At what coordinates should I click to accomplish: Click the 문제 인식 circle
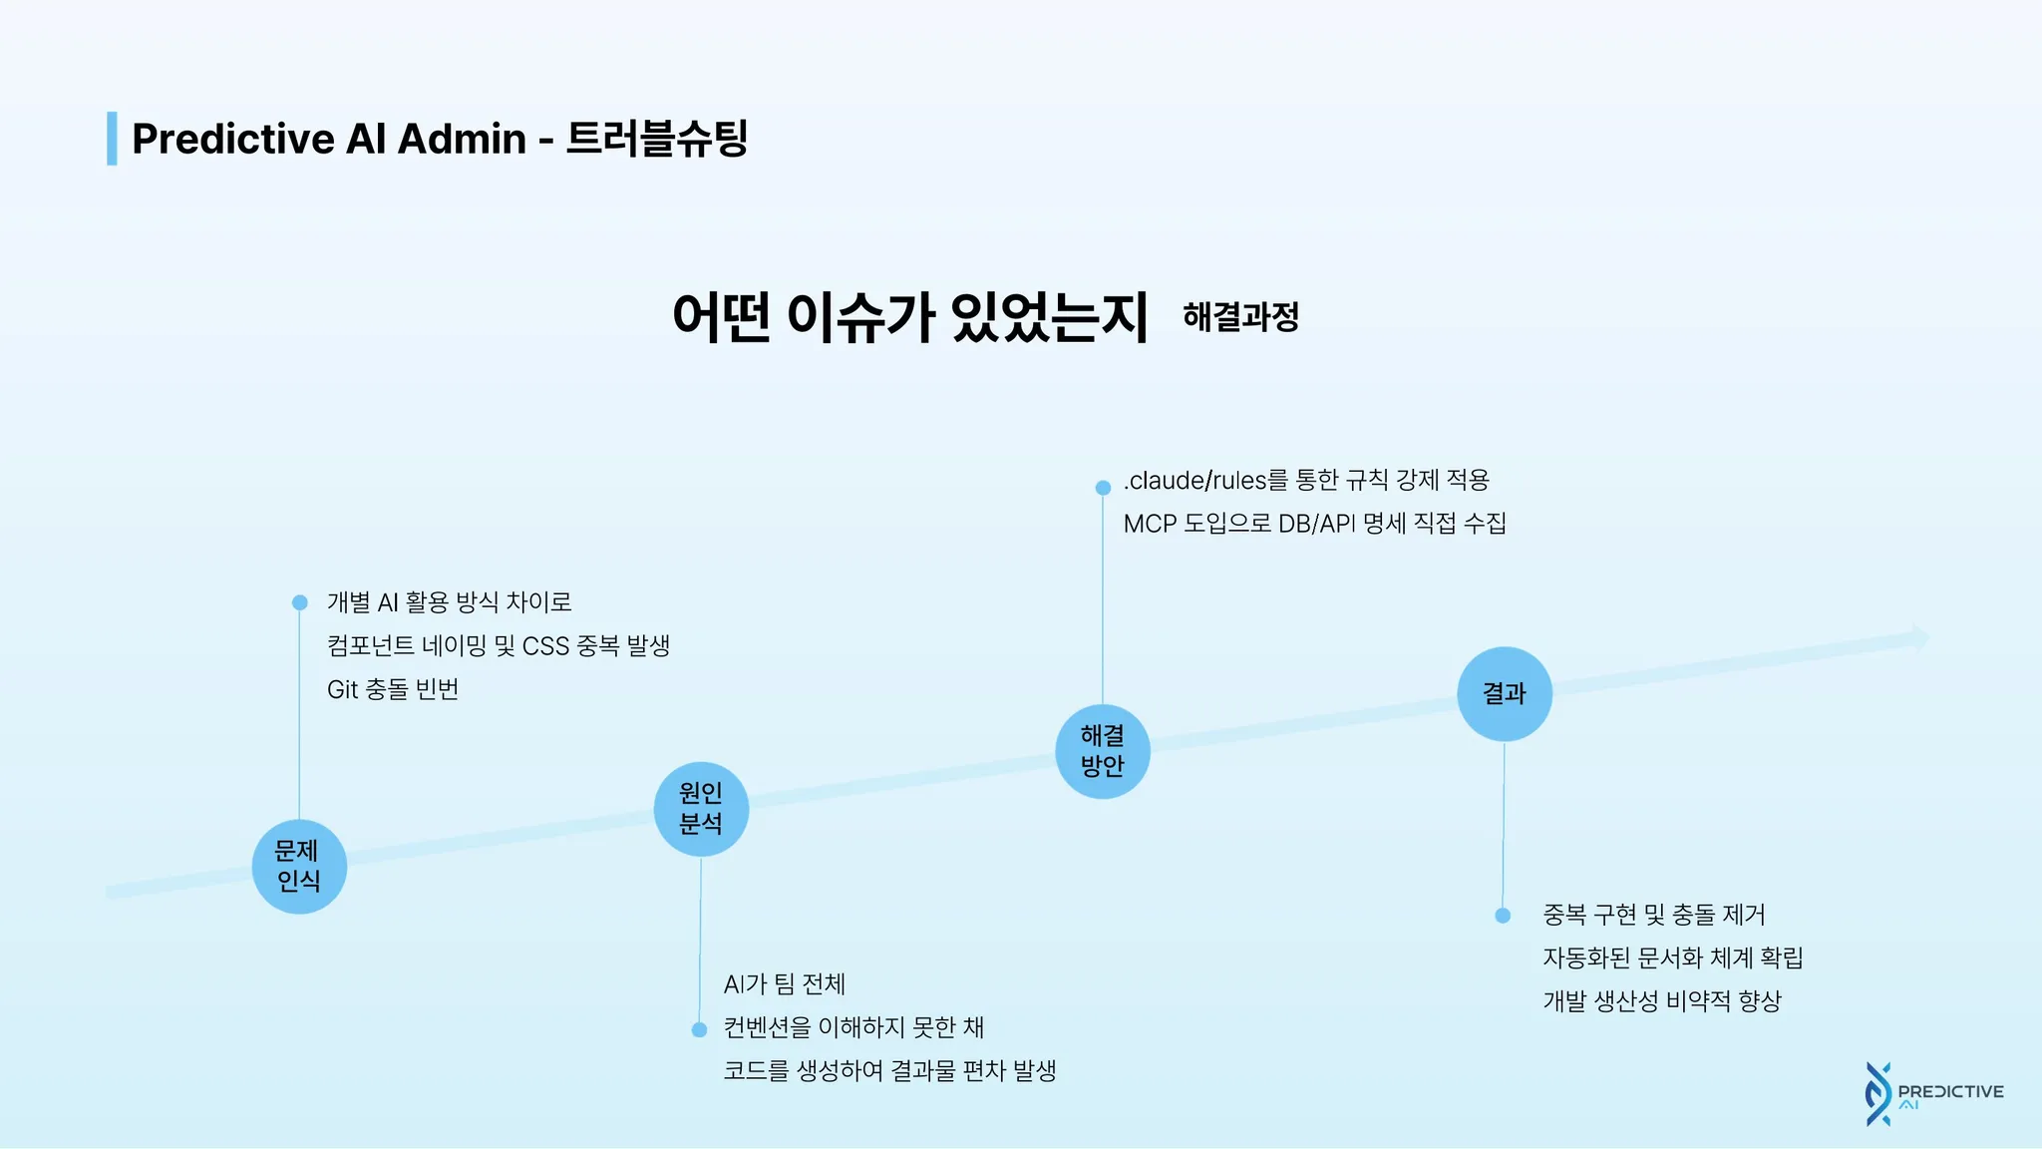click(x=299, y=866)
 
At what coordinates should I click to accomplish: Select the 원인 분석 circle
click(x=701, y=809)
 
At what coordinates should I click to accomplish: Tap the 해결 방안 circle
click(x=1103, y=751)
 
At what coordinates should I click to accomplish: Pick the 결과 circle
click(x=1505, y=694)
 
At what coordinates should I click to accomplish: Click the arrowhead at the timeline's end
click(x=1919, y=638)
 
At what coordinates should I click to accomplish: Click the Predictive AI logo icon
click(x=1878, y=1094)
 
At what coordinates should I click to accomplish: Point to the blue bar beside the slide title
click(x=112, y=139)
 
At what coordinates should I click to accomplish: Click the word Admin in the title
click(x=462, y=139)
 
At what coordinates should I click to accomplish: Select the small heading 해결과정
click(x=1240, y=317)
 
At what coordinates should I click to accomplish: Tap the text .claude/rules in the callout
click(x=1194, y=481)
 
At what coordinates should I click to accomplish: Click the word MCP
click(x=1150, y=524)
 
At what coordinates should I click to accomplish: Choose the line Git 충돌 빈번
click(x=393, y=689)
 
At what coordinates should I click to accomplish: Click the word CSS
click(x=545, y=646)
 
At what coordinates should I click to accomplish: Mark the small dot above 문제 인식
click(x=299, y=602)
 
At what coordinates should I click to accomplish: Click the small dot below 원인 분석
click(x=699, y=1029)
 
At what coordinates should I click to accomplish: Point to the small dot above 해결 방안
click(x=1103, y=488)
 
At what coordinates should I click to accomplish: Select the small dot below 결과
click(x=1503, y=916)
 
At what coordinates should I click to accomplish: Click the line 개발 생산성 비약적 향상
click(x=1661, y=1001)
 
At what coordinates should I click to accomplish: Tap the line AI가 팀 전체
click(x=784, y=984)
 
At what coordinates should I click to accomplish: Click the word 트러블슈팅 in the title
click(x=657, y=139)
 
